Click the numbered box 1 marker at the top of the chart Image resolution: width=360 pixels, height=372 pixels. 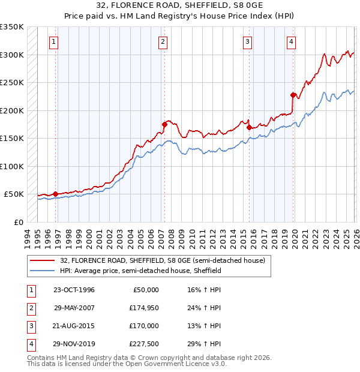55,42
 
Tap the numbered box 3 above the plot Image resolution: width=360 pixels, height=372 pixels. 247,42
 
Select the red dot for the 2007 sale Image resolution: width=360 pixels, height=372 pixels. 164,124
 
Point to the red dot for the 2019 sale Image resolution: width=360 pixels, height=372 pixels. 293,95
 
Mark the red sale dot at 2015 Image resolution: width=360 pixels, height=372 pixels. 249,127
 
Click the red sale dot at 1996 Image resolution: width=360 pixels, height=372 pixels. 55,194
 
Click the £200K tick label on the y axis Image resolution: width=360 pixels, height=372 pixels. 12,110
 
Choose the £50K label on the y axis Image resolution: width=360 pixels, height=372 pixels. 14,194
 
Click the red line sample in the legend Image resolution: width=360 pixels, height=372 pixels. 43,260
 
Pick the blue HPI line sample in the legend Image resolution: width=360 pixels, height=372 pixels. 43,271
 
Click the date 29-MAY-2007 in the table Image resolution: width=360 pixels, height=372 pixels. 74,308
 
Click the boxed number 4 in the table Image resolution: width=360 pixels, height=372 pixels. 31,344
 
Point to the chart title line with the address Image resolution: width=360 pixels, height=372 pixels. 179,5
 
